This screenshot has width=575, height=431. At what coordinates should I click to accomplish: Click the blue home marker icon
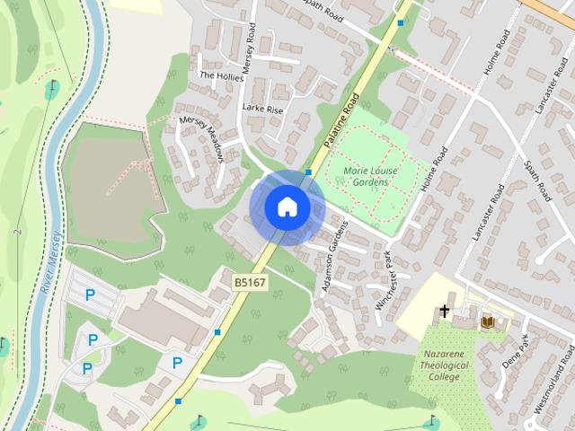287,207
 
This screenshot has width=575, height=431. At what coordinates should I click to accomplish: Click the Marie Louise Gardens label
366,176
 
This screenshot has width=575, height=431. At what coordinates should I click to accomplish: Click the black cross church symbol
444,312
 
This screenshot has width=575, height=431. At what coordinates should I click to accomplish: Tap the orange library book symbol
488,321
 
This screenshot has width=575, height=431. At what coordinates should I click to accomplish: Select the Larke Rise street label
262,108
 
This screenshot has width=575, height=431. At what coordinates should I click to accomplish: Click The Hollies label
220,76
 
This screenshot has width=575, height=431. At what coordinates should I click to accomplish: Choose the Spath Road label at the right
536,174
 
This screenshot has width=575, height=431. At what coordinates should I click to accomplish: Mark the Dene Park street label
520,353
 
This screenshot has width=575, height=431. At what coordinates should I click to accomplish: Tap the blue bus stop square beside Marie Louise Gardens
308,171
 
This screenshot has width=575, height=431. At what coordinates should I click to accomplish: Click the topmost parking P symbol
89,295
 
